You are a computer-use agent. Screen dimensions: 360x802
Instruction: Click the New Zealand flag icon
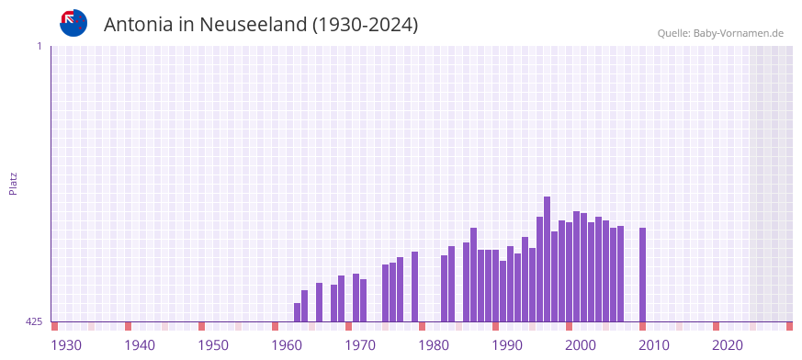(73, 23)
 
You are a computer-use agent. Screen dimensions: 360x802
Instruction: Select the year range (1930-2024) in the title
(365, 25)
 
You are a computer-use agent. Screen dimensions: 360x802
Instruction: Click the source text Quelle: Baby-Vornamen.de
(719, 33)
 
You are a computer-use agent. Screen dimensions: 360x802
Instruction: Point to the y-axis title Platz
(13, 183)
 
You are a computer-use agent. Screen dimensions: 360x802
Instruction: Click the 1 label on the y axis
(39, 46)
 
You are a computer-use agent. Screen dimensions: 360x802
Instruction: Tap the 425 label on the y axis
(34, 321)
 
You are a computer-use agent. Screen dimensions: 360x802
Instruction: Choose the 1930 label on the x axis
(66, 345)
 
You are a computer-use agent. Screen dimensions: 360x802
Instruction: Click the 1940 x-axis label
(140, 345)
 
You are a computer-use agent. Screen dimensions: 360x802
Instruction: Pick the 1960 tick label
(287, 345)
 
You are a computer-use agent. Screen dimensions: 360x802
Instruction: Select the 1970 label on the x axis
(360, 345)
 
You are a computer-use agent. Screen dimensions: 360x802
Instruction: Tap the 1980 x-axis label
(434, 345)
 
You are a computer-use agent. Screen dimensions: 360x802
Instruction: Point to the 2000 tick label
(581, 345)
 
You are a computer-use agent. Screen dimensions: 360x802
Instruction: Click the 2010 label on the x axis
(654, 345)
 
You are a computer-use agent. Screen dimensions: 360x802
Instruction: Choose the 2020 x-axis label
(728, 345)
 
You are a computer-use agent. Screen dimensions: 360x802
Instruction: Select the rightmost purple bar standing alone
(642, 275)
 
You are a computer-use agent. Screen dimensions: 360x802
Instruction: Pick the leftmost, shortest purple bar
(297, 312)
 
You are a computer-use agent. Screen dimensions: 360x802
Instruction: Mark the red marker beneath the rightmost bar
(642, 326)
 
